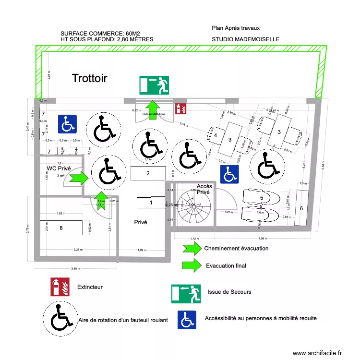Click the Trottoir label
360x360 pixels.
pos(90,78)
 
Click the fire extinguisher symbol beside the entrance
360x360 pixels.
pos(181,108)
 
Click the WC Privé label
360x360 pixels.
pos(59,168)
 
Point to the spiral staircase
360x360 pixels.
pos(193,206)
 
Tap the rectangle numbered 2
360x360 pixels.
pos(148,173)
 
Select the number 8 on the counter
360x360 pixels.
pos(61,228)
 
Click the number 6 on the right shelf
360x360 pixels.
pos(301,208)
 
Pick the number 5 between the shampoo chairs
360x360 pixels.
pos(262,197)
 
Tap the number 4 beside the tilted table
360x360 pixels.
pos(216,136)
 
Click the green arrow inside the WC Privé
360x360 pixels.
pos(77,178)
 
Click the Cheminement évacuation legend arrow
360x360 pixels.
pos(192,248)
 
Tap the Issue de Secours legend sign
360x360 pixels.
pos(186,293)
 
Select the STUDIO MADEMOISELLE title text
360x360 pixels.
pos(245,39)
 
